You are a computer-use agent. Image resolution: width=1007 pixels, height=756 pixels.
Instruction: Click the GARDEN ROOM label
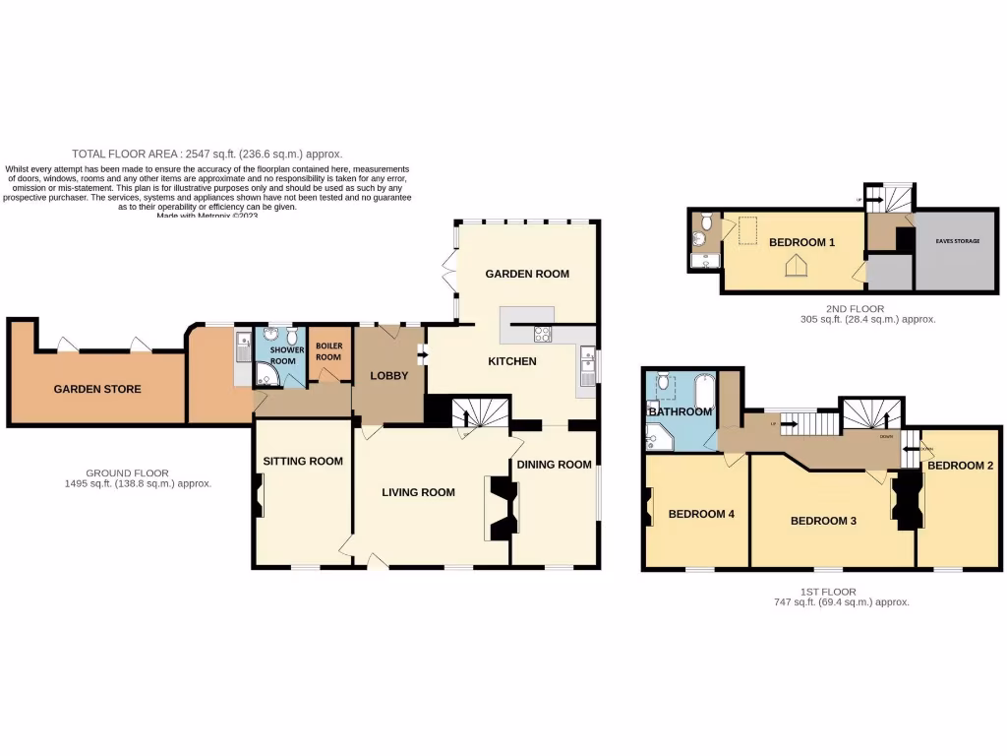pos(526,274)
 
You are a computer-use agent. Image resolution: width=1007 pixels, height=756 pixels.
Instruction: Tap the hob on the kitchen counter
pos(542,333)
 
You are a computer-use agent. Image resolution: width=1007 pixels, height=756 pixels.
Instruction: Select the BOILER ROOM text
pos(328,351)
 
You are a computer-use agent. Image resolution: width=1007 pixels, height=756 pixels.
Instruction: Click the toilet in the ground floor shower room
pos(291,338)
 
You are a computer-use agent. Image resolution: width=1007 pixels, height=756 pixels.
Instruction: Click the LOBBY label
pos(388,376)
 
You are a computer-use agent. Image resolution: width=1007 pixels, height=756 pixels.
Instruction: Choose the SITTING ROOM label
pos(303,461)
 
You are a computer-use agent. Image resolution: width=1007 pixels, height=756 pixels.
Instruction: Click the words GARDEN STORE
pos(96,389)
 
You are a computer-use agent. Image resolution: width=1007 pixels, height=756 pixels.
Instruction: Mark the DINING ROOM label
pos(555,465)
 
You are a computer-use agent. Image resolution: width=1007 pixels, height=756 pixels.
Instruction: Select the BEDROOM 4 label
pos(701,514)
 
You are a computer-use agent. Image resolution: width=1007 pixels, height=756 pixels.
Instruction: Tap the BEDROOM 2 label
pos(960,465)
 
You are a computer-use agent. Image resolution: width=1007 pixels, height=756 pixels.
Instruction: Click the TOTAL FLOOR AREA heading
pos(207,154)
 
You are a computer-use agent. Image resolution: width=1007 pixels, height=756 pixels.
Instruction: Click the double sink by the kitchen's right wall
pos(588,366)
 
